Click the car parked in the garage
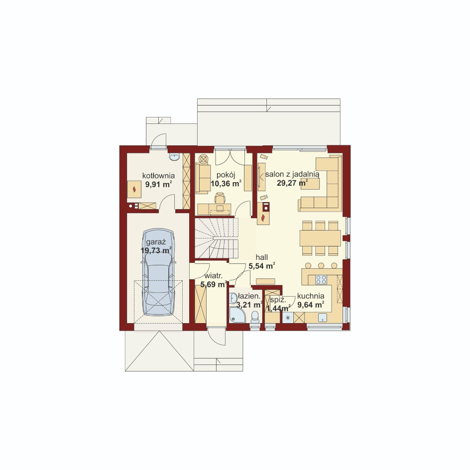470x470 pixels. [158, 272]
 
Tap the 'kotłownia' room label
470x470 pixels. [158, 176]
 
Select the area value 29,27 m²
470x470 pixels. [293, 183]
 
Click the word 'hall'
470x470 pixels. [262, 257]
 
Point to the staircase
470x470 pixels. [217, 238]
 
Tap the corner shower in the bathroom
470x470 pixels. [237, 315]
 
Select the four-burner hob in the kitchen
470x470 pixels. [321, 279]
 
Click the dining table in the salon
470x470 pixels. [320, 238]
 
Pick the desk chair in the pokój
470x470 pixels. [220, 198]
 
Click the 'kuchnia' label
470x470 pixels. [311, 296]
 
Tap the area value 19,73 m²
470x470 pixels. [156, 250]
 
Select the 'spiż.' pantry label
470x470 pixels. [278, 300]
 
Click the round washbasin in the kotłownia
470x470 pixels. [174, 157]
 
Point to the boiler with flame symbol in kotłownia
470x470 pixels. [134, 189]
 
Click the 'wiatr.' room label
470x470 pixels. [214, 276]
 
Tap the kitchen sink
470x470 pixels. [323, 318]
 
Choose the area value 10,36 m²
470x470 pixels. [226, 183]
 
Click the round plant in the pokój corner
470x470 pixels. [204, 158]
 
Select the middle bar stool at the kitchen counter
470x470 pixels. [321, 265]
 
